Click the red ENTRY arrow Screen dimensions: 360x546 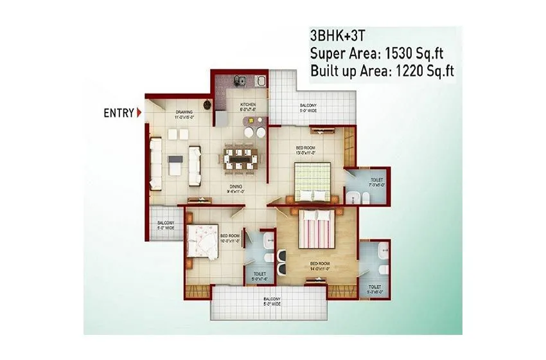[139, 114]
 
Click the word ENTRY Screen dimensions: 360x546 [119, 114]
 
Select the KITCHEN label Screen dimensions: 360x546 [249, 107]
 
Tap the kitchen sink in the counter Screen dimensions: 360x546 [238, 81]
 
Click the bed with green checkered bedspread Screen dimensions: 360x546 [312, 181]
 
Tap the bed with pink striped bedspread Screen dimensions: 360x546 [316, 230]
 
